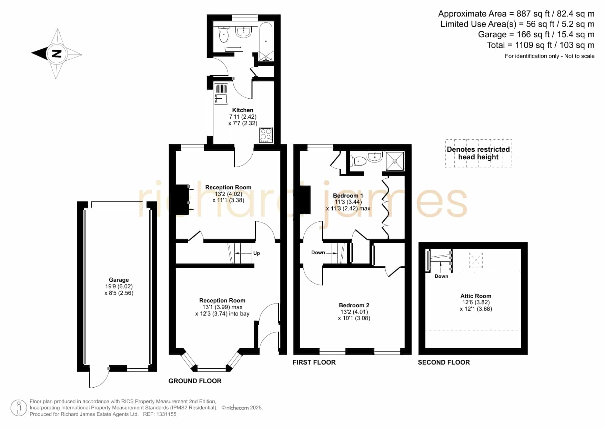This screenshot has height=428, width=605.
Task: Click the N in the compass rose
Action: (57, 54)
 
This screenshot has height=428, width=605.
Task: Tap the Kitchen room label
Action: (243, 110)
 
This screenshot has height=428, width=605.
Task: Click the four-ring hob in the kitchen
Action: (266, 135)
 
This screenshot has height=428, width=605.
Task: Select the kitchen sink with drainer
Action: (221, 94)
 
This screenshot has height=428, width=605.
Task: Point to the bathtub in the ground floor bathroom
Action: (266, 42)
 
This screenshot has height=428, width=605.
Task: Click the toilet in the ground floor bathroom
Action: (224, 33)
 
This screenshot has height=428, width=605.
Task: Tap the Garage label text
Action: (119, 280)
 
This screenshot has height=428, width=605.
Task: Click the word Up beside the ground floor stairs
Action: (256, 253)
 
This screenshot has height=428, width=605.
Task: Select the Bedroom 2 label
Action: (354, 305)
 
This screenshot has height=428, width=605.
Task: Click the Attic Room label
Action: (476, 296)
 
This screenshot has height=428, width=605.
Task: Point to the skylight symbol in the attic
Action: (476, 260)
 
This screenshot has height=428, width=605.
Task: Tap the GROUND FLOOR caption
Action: (195, 381)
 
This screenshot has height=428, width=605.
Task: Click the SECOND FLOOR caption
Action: (444, 362)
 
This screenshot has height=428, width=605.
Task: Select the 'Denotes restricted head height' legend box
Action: (478, 153)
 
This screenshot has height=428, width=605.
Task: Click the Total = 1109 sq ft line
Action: (541, 45)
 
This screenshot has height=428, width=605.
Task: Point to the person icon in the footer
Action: (19, 408)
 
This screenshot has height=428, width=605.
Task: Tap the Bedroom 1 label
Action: (348, 196)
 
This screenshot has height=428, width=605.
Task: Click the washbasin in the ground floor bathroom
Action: (244, 32)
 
